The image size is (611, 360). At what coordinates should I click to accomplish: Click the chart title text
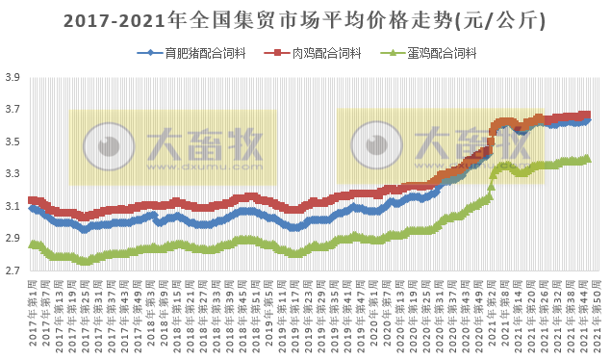305,19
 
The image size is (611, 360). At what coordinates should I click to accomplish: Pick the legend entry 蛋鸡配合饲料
445,53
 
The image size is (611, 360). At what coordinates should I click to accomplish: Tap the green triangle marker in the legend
389,53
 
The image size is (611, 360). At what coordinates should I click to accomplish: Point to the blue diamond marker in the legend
144,53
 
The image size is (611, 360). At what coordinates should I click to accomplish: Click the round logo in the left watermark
106,145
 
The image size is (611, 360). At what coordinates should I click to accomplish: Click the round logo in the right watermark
375,145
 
